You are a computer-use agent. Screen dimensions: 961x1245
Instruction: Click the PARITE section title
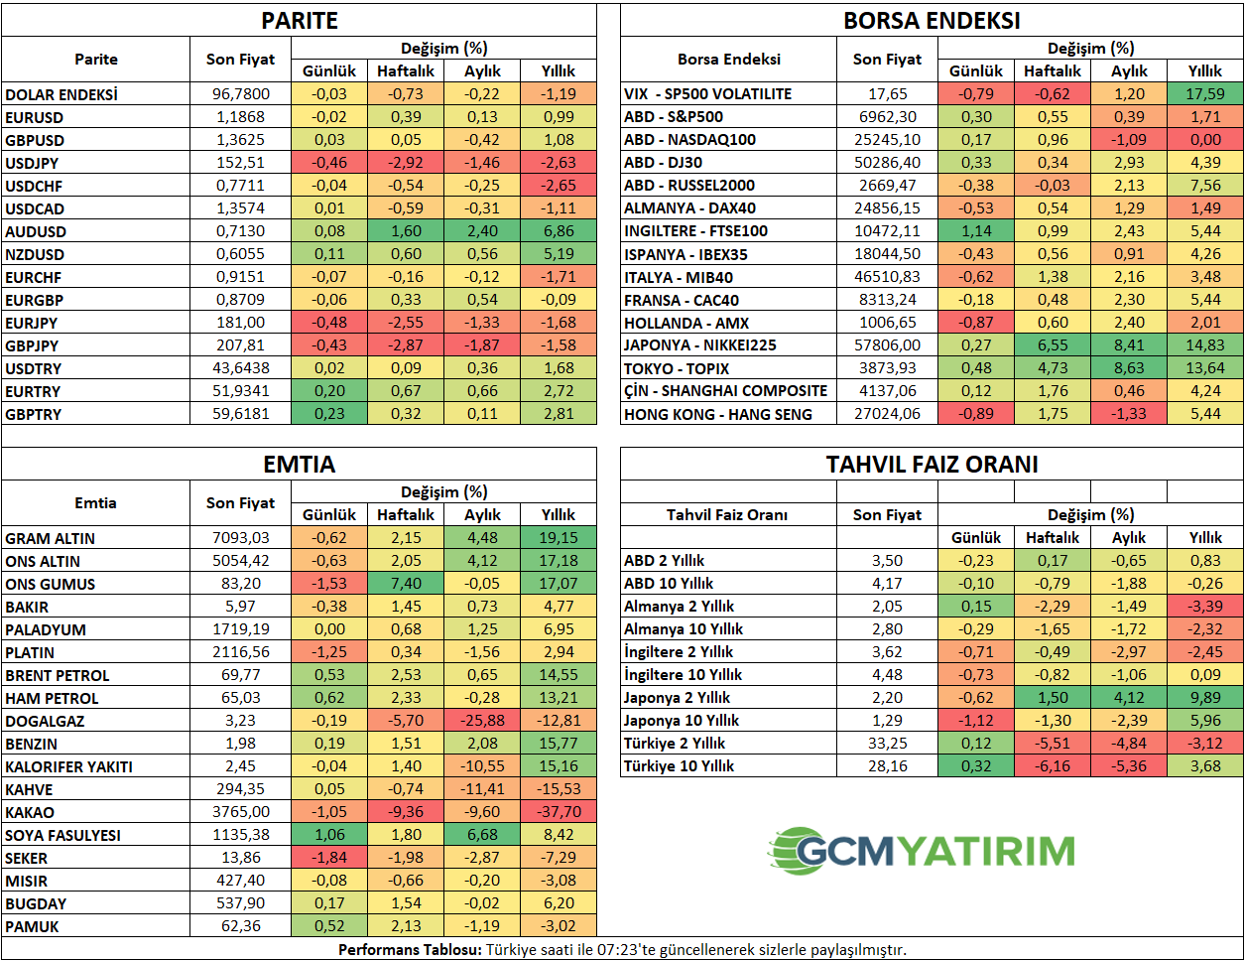click(299, 21)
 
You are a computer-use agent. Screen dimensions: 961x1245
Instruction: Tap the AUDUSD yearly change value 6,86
click(559, 231)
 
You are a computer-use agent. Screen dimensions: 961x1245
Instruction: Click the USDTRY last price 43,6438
click(240, 368)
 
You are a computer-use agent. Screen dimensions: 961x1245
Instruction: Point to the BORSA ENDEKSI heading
click(932, 21)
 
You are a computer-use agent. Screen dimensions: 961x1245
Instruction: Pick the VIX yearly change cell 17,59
click(1205, 94)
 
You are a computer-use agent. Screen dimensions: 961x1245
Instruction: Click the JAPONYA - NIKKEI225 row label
click(699, 345)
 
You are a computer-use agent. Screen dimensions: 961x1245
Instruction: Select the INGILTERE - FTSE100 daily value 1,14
click(976, 231)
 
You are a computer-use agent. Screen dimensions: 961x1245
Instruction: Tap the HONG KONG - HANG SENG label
click(717, 414)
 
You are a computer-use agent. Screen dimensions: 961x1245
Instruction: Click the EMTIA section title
click(299, 465)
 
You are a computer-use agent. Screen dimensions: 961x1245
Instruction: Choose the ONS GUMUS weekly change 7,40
click(406, 584)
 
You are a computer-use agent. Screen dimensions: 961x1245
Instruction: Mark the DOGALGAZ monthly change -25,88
click(482, 721)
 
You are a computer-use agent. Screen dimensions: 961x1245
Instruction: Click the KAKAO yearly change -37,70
click(559, 812)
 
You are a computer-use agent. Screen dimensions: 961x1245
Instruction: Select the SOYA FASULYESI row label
click(62, 835)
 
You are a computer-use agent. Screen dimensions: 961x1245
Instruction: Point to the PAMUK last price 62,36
click(240, 926)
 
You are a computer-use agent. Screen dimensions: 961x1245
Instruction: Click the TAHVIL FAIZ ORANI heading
click(932, 465)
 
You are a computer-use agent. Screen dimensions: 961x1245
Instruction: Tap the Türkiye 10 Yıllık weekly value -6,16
click(1053, 766)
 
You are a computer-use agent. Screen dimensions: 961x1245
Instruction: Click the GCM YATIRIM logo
click(921, 851)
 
